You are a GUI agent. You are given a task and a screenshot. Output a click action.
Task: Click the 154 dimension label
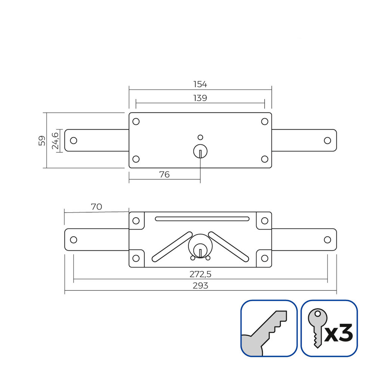pos(200,84)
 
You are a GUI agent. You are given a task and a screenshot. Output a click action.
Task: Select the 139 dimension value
pos(200,98)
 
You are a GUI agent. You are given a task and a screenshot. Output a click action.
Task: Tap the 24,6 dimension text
pos(55,141)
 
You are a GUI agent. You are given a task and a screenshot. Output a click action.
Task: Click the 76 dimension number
pos(164,175)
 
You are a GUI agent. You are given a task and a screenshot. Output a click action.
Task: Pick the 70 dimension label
pos(96,207)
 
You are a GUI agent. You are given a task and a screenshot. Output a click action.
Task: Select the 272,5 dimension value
pos(200,274)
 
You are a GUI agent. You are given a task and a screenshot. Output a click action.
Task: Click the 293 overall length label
pos(200,285)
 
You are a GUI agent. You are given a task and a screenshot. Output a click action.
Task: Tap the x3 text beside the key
pos(339,333)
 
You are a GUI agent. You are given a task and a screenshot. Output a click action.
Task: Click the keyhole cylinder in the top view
pos(200,152)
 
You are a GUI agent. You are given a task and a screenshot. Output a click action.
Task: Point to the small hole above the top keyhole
pos(200,137)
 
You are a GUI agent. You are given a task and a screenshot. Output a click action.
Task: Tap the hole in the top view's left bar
pos(74,141)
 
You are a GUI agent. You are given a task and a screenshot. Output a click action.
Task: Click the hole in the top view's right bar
pos(327,141)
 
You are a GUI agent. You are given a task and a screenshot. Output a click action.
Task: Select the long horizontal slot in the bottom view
pos(202,219)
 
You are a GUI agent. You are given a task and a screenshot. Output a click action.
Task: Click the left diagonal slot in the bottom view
pos(172,246)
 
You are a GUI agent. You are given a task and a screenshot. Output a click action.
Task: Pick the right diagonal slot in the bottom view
pos(229,246)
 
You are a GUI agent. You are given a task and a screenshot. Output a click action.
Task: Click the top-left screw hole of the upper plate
pos(136,122)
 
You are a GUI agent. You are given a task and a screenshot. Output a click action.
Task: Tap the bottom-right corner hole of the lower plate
pos(265,258)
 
